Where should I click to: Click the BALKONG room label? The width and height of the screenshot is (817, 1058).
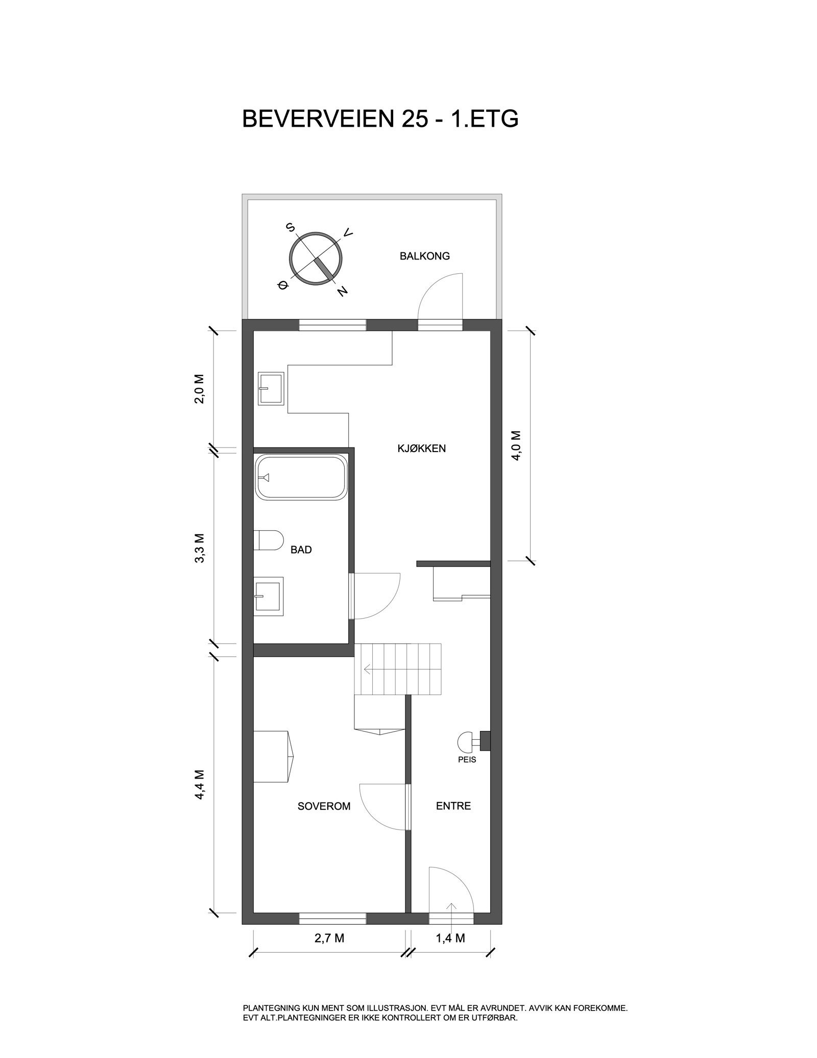(x=424, y=256)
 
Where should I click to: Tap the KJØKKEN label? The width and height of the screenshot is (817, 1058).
(x=422, y=449)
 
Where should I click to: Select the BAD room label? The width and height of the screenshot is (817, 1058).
(x=301, y=550)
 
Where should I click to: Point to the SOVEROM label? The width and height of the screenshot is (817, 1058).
(x=324, y=806)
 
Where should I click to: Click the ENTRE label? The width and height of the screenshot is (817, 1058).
(x=453, y=806)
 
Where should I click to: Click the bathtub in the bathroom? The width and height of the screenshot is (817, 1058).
(x=301, y=478)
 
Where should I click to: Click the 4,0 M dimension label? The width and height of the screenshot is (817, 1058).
(x=516, y=445)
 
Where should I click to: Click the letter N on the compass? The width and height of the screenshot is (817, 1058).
(x=343, y=291)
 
